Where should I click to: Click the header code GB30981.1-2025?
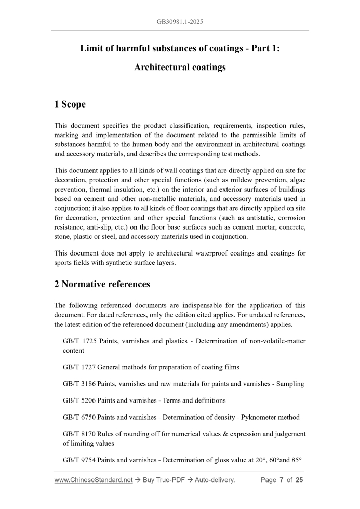[180, 22]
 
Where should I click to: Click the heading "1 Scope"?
[70, 104]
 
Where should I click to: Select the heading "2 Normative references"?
[102, 284]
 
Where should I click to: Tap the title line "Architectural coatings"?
[180, 68]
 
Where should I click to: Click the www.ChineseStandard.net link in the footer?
[94, 480]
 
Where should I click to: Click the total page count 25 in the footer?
[299, 480]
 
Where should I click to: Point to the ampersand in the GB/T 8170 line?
[212, 434]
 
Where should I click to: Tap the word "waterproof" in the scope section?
[185, 254]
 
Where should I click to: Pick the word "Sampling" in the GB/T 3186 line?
[289, 384]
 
